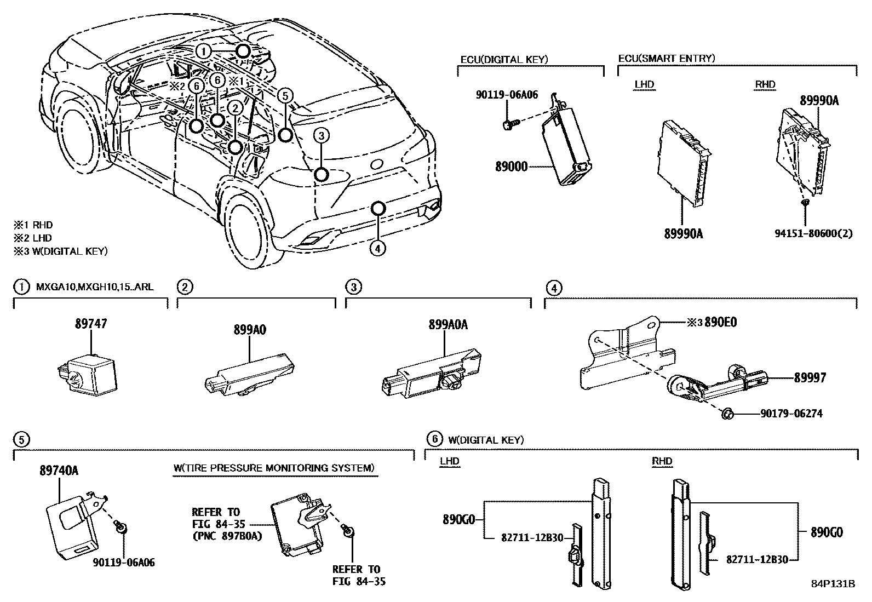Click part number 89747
91,324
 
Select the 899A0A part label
448,324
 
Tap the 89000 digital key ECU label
511,167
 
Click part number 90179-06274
791,414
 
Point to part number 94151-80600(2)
813,233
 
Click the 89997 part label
810,377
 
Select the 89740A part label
59,470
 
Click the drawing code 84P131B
833,583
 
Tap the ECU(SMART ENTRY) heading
666,58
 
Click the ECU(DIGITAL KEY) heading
504,59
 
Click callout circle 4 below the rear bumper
377,248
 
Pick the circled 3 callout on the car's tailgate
322,135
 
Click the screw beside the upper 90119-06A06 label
508,124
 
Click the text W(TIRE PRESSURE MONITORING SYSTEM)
274,468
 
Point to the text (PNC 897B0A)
226,536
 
